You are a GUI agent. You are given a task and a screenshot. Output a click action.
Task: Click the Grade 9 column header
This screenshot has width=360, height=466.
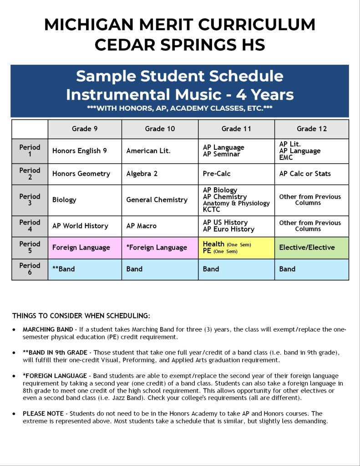click(x=85, y=129)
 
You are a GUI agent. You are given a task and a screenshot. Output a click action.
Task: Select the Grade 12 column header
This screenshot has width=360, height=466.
click(x=312, y=129)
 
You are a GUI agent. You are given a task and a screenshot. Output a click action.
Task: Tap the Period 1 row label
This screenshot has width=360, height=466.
click(x=30, y=151)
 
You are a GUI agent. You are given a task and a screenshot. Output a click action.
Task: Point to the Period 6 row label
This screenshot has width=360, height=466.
click(x=30, y=269)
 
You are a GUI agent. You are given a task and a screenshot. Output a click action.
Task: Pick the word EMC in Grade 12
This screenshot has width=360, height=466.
click(x=286, y=158)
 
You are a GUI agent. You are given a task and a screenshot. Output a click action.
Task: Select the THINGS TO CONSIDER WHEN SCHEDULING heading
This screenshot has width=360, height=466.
click(x=81, y=316)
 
